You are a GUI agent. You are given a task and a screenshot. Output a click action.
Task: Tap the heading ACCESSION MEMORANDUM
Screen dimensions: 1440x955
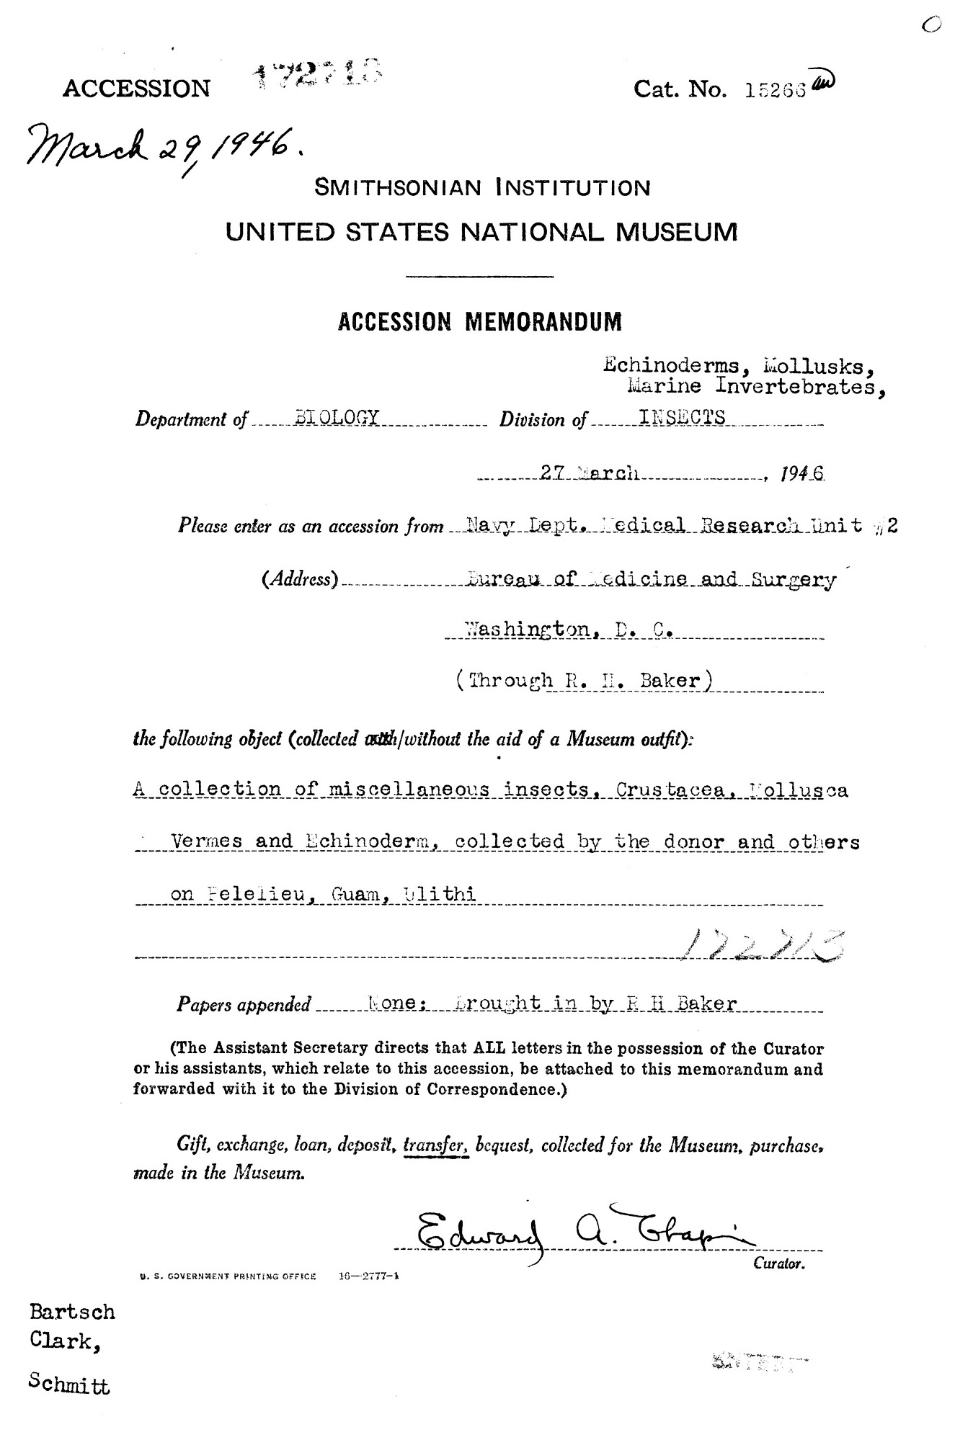pyautogui.click(x=479, y=321)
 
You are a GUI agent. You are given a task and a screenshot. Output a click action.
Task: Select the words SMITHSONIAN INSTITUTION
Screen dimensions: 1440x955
pyautogui.click(x=482, y=189)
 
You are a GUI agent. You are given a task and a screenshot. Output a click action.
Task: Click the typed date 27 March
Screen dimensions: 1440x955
pyautogui.click(x=592, y=473)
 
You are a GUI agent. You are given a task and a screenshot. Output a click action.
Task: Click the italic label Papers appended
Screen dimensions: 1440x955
pyautogui.click(x=244, y=1004)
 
